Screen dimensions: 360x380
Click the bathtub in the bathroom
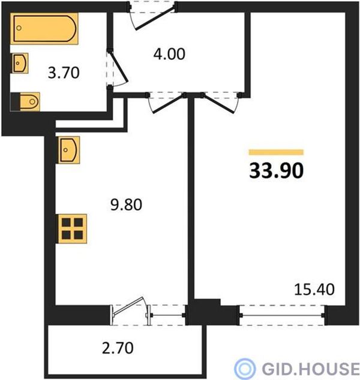(44, 29)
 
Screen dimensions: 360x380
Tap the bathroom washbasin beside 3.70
(20, 64)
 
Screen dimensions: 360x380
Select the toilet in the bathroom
(25, 102)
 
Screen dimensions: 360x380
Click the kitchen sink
(68, 150)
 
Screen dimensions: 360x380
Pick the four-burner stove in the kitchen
(72, 229)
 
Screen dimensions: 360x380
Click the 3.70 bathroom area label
(64, 73)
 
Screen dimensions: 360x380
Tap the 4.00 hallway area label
(169, 54)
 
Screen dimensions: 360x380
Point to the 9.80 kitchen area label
(126, 204)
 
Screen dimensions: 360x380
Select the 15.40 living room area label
(314, 289)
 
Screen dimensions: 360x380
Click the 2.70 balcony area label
(118, 348)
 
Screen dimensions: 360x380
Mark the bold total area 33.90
(277, 171)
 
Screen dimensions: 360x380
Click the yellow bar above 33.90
(276, 152)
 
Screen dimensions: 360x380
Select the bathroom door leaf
(119, 66)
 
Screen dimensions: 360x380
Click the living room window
(282, 315)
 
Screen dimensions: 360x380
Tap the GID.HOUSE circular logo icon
(245, 369)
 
